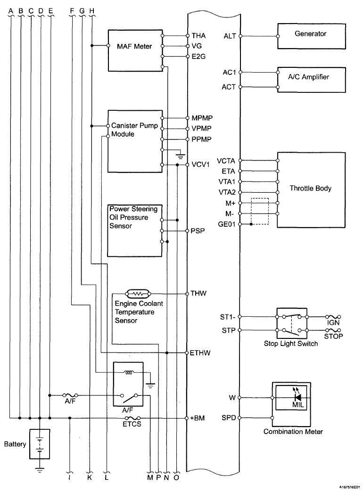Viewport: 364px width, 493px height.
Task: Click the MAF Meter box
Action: click(x=135, y=50)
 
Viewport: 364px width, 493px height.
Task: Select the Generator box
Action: click(x=312, y=36)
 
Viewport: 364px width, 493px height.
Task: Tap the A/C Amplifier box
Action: click(x=312, y=80)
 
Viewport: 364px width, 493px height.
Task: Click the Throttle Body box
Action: click(x=311, y=189)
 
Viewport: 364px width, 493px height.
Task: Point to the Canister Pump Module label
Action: click(x=134, y=130)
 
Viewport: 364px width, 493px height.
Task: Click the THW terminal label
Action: click(x=199, y=293)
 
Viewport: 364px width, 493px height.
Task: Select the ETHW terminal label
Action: click(x=200, y=353)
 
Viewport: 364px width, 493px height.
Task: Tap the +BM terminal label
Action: click(x=198, y=418)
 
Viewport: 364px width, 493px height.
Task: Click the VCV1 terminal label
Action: click(x=201, y=164)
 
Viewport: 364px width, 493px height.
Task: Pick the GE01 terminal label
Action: click(x=226, y=224)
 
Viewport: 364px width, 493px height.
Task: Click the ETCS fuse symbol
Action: click(x=132, y=418)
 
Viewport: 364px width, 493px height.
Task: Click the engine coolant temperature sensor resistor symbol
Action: click(x=138, y=294)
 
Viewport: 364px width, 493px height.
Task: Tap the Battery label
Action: click(x=15, y=444)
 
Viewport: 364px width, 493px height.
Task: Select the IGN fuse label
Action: click(x=333, y=322)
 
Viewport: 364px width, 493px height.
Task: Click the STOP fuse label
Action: click(x=333, y=336)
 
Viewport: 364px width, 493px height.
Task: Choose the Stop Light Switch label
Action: click(x=291, y=344)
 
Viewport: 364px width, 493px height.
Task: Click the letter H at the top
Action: click(x=92, y=11)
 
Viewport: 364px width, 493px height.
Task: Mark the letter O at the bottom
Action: click(x=176, y=477)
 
